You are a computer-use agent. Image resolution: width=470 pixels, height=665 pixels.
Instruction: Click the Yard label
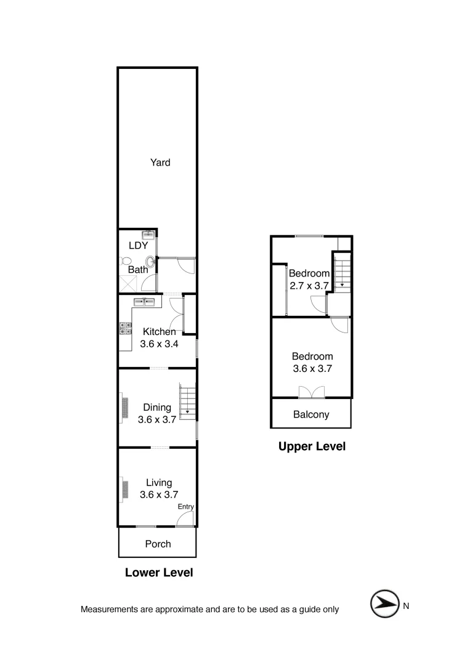(160, 163)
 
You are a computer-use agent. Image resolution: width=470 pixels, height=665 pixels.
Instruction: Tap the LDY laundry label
(139, 245)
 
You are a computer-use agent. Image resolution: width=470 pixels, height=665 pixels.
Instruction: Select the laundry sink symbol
(148, 235)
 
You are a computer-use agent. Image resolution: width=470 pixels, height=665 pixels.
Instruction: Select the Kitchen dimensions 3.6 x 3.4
(160, 344)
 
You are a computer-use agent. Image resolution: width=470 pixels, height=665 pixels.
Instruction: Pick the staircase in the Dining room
(186, 400)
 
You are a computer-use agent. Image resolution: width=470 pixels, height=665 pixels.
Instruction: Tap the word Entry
(186, 507)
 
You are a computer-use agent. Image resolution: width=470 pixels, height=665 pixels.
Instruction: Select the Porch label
(158, 544)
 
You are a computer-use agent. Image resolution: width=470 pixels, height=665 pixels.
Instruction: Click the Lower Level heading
(159, 573)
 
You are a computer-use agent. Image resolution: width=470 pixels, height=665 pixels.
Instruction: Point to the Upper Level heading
(312, 446)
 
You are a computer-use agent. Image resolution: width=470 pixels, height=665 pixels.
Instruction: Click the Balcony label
(310, 414)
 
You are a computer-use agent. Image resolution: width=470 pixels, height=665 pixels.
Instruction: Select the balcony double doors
(311, 392)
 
